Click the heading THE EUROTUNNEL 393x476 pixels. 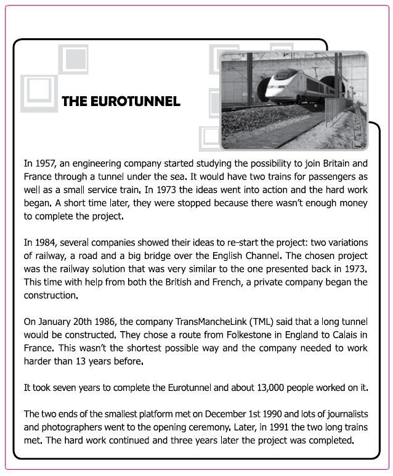[121, 101]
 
